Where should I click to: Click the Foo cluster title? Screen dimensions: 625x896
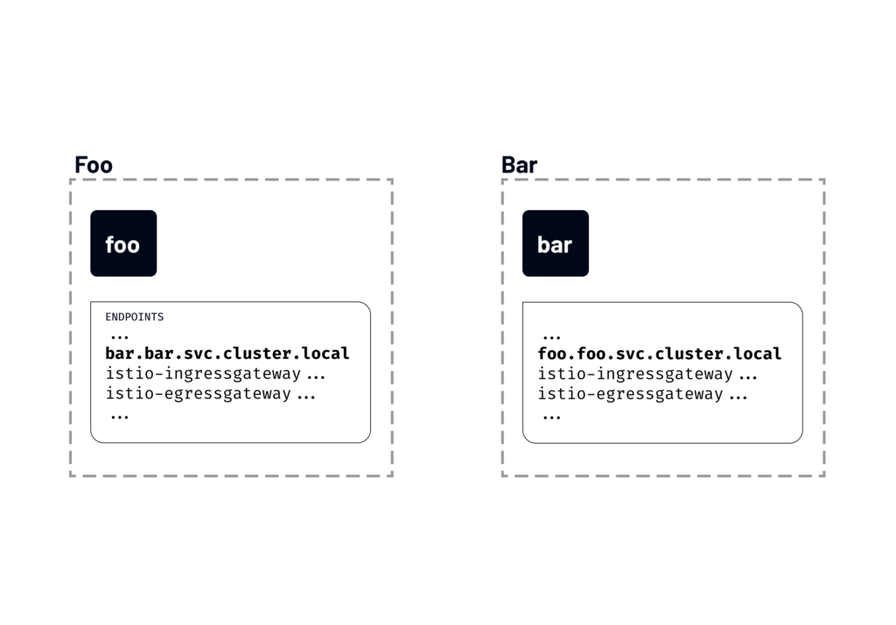[94, 165]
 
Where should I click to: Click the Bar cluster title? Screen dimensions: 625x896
[519, 165]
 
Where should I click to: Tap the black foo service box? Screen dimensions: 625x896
[123, 243]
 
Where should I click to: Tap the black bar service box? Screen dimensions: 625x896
[556, 243]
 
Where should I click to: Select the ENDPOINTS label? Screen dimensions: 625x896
[134, 317]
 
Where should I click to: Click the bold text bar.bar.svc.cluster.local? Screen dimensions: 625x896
[227, 354]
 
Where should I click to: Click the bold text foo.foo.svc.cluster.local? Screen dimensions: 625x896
[659, 354]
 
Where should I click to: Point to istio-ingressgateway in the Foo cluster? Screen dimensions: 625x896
[203, 375]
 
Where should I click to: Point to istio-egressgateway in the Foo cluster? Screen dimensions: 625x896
[198, 394]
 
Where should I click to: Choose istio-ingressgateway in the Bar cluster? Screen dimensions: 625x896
[635, 375]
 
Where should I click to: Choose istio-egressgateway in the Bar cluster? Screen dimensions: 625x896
[630, 394]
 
